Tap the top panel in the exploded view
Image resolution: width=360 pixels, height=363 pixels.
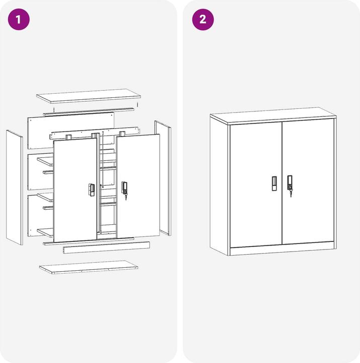point(88,96)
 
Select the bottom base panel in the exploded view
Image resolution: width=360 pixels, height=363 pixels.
point(89,267)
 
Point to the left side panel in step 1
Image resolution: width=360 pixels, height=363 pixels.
point(14,187)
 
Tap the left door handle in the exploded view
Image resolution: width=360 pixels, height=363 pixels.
point(92,190)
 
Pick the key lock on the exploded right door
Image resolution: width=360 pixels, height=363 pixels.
point(124,189)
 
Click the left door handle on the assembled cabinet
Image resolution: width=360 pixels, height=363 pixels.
point(274,183)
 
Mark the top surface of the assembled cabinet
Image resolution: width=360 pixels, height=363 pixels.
point(272,114)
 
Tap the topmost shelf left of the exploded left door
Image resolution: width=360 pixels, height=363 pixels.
point(45,161)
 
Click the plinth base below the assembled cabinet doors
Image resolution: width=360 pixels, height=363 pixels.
point(282,250)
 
